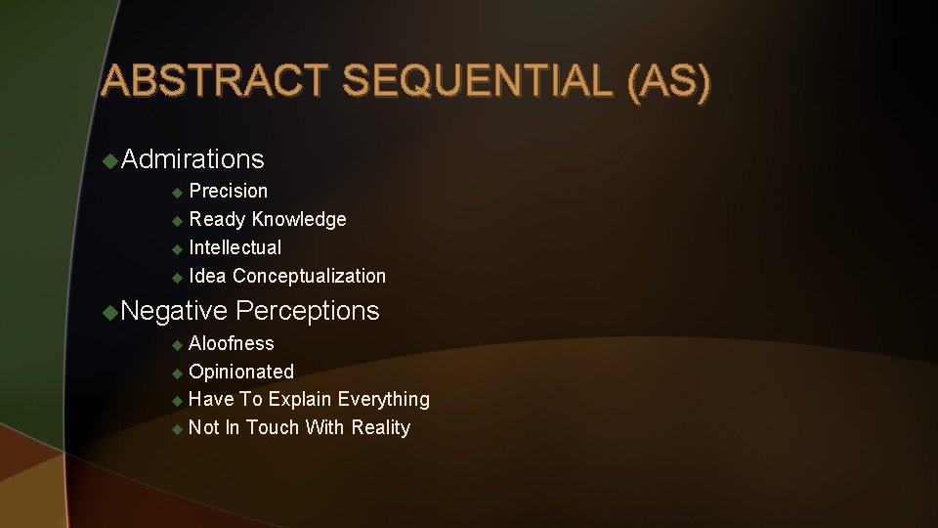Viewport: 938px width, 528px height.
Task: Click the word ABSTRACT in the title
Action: pos(215,82)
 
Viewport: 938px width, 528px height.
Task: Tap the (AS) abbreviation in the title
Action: pos(670,82)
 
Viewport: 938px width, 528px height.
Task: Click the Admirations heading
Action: pos(193,158)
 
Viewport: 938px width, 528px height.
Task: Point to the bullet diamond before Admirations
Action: pos(110,158)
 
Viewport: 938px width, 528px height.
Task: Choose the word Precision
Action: pos(228,191)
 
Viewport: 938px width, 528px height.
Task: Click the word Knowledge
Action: pos(299,219)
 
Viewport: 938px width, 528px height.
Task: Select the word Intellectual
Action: pos(234,247)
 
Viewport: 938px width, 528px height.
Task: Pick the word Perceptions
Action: pos(308,311)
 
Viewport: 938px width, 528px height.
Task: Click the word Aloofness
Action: pos(232,343)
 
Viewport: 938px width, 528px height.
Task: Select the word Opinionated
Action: pos(240,372)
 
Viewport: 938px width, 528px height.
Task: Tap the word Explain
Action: pos(300,399)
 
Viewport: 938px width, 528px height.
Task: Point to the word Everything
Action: pos(384,399)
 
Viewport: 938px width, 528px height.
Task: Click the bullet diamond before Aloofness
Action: pos(177,344)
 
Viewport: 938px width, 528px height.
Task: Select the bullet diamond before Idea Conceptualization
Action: pos(177,277)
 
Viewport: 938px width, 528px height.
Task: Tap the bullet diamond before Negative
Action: pos(110,311)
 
